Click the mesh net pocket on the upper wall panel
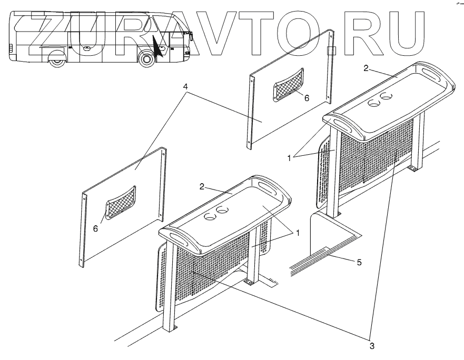[288, 84]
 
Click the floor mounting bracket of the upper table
[413, 168]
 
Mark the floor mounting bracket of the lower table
[248, 283]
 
